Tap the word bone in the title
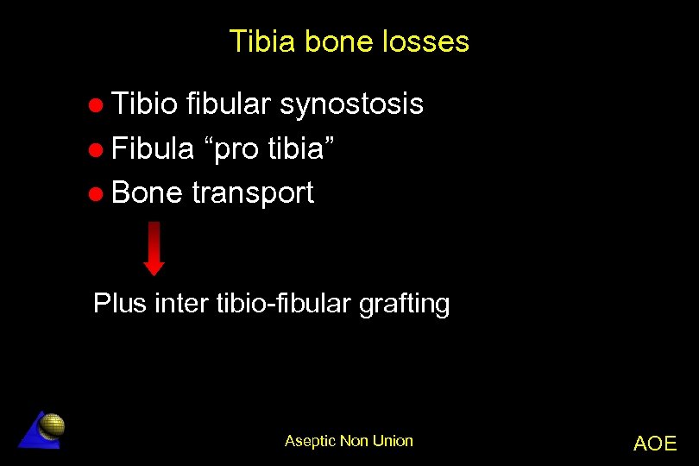339,41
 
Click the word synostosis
351,104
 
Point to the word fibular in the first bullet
229,104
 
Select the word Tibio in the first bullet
145,104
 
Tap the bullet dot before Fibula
98,150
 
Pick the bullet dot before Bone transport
98,194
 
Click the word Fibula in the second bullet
153,148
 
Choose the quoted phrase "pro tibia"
274,149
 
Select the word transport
253,194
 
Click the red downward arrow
154,248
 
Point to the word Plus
120,304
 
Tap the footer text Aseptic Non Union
349,441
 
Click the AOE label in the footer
655,444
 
